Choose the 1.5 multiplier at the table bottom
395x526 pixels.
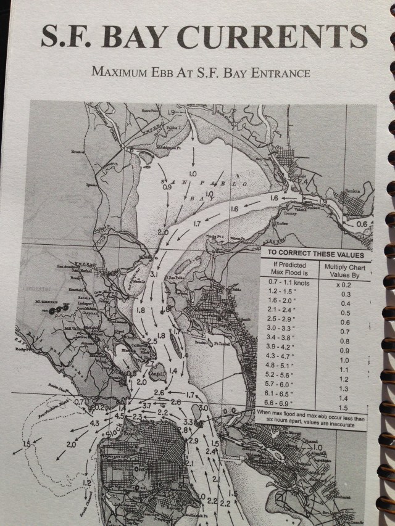pyautogui.click(x=344, y=408)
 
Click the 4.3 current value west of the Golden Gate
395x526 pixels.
pyautogui.click(x=94, y=424)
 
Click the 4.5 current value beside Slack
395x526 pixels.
pyautogui.click(x=119, y=416)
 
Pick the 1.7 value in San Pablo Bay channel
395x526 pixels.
pyautogui.click(x=197, y=223)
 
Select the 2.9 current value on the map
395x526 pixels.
pyautogui.click(x=193, y=440)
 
